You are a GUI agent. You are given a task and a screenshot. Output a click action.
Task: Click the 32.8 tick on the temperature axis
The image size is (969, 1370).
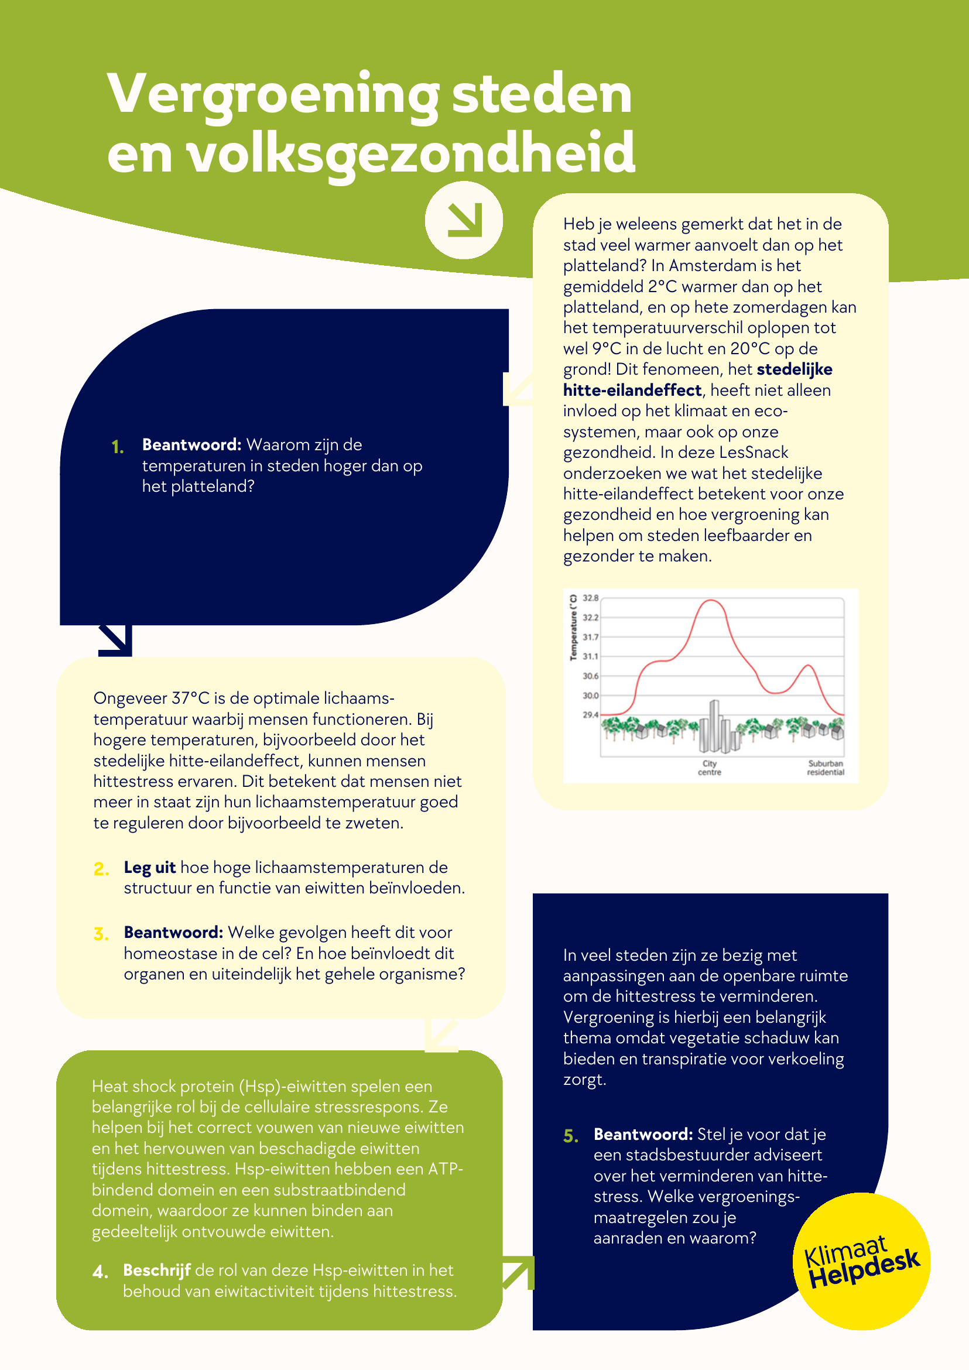pyautogui.click(x=590, y=598)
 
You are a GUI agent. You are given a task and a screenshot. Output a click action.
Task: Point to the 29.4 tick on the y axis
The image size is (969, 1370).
pyautogui.click(x=590, y=715)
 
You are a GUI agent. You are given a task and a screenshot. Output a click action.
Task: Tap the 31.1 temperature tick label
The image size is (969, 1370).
pyautogui.click(x=590, y=656)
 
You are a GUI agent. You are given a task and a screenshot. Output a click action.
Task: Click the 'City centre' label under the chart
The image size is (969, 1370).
pyautogui.click(x=710, y=768)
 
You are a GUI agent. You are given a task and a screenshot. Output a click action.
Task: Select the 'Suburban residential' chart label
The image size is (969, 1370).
pyautogui.click(x=825, y=768)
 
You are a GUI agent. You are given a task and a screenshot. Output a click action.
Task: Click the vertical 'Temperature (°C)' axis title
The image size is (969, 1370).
pyautogui.click(x=573, y=627)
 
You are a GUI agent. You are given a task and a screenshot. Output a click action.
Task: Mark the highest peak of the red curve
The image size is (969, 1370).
pyautogui.click(x=711, y=601)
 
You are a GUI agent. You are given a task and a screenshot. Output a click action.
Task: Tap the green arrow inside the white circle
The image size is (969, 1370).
pyautogui.click(x=464, y=220)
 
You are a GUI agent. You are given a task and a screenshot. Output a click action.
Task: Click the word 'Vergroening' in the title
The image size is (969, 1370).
pyautogui.click(x=273, y=94)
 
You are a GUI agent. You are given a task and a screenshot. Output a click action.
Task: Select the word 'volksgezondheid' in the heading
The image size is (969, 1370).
pyautogui.click(x=411, y=153)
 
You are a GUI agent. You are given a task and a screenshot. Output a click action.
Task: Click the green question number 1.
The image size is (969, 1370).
pyautogui.click(x=118, y=447)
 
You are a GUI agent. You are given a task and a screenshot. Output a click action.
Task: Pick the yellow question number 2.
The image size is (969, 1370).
pyautogui.click(x=101, y=869)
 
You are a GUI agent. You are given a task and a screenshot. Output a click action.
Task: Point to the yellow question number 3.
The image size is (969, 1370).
pyautogui.click(x=101, y=934)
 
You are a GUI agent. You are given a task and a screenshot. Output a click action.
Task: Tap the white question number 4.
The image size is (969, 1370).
pyautogui.click(x=100, y=1272)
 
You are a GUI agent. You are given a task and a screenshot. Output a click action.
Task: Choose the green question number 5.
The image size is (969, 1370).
pyautogui.click(x=570, y=1136)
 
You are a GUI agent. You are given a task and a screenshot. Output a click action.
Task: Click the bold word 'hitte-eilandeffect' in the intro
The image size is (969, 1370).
pyautogui.click(x=632, y=391)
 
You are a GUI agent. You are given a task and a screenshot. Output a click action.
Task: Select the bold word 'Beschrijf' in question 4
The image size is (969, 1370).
pyautogui.click(x=156, y=1270)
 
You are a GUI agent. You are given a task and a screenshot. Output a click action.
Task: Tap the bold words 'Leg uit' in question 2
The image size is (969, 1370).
pyautogui.click(x=149, y=868)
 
